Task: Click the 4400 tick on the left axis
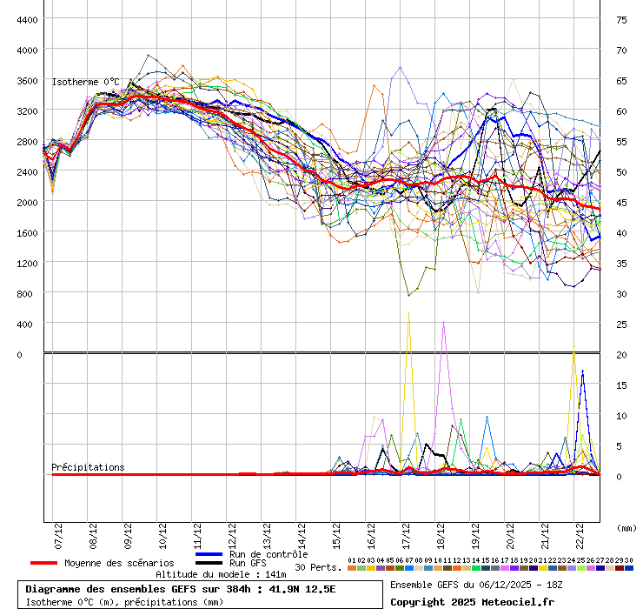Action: click(27, 19)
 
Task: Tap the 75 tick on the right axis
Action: click(621, 19)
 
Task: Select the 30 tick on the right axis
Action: click(621, 293)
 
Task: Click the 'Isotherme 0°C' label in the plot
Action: click(86, 82)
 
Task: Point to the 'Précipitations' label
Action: click(88, 467)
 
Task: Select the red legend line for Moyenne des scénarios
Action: click(56, 563)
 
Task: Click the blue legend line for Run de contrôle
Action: click(209, 554)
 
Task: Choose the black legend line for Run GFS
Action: click(209, 563)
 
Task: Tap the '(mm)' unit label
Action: click(626, 528)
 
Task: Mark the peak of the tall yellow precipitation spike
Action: click(408, 313)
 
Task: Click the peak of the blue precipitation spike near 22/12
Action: click(582, 371)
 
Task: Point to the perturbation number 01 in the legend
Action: click(351, 560)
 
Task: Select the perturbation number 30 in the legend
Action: click(628, 560)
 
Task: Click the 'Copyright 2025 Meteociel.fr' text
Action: click(472, 601)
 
